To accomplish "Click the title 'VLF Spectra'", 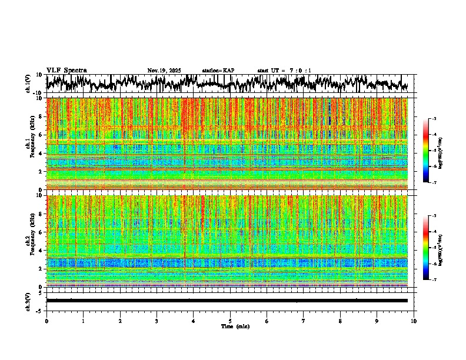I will pos(66,70).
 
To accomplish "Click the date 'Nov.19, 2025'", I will pos(165,71).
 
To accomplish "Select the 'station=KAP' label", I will pos(218,71).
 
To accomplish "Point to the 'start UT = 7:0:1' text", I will pos(284,71).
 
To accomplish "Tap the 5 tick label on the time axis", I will pos(230,321).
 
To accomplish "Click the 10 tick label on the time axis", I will pos(414,321).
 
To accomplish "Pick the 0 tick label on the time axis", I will pos(46,321).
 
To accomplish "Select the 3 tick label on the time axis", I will pos(157,321).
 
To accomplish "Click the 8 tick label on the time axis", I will pos(340,321).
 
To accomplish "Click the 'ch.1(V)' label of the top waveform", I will pos(28,84).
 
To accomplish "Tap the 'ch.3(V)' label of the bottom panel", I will pos(28,301).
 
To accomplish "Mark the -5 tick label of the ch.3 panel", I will pos(39,310).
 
